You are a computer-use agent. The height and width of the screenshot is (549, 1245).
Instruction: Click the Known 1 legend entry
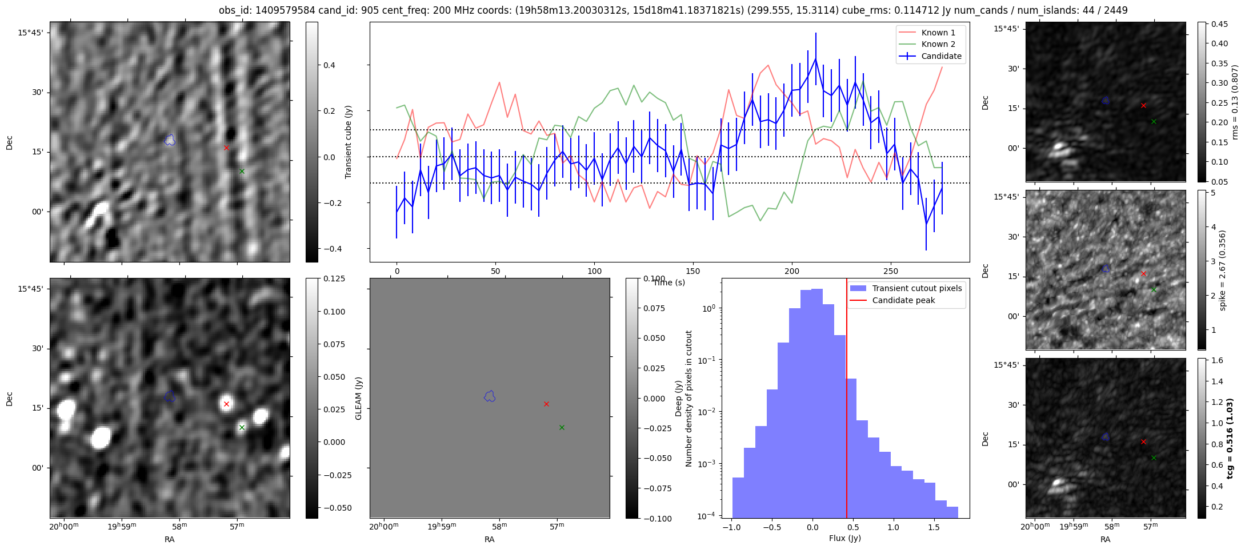click(x=938, y=33)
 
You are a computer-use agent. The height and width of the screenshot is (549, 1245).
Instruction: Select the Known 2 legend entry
click(x=938, y=44)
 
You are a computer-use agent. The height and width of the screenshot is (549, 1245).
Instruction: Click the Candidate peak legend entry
click(x=903, y=300)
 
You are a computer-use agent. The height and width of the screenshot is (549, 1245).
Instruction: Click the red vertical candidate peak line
click(x=847, y=400)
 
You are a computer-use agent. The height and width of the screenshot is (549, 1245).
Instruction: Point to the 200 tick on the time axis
click(x=792, y=271)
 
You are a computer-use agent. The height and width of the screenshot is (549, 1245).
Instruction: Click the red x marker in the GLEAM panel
click(x=546, y=404)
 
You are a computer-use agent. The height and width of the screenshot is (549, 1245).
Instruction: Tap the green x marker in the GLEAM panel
click(x=562, y=427)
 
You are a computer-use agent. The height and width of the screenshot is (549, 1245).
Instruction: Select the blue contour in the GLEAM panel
click(x=489, y=396)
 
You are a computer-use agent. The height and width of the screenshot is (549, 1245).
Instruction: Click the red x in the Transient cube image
click(x=226, y=148)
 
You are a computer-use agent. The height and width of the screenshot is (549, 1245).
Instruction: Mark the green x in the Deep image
click(x=242, y=427)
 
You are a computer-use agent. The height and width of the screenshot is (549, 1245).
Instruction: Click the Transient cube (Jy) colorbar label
click(x=348, y=142)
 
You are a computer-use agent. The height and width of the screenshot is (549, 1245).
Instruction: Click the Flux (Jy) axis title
click(x=844, y=538)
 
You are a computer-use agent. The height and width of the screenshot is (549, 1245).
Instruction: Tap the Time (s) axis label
click(x=668, y=283)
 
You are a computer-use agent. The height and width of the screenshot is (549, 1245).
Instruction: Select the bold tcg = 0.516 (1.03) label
click(x=1230, y=438)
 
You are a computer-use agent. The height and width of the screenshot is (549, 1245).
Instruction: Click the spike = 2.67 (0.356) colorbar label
click(x=1222, y=270)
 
